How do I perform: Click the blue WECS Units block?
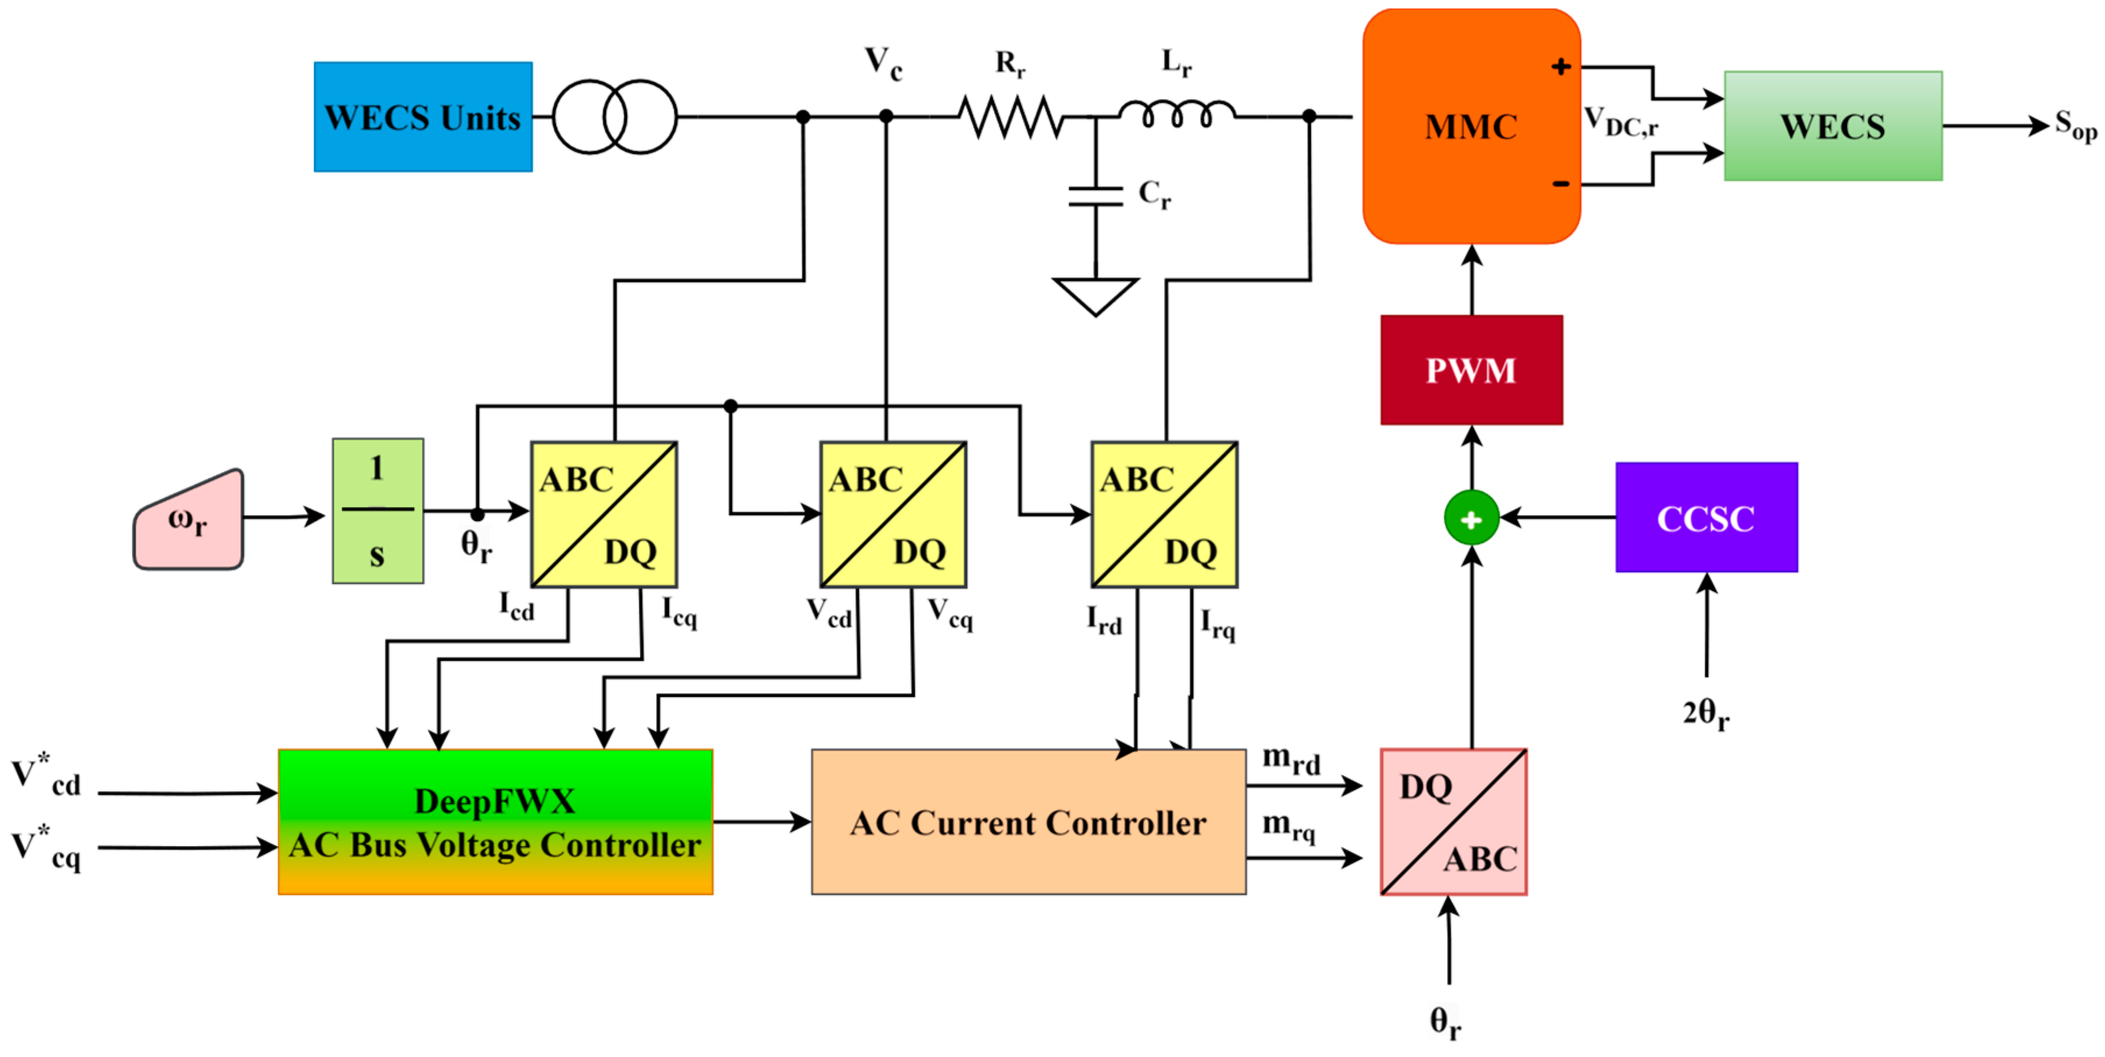coord(423,117)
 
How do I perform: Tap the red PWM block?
coord(1471,369)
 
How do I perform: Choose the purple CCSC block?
coord(1706,518)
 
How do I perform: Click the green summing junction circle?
coord(1471,518)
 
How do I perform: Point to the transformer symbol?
coord(614,117)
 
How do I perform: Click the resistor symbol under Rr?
coord(1011,117)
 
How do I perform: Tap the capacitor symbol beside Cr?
coord(1096,196)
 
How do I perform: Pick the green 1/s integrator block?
coord(377,511)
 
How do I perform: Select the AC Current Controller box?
coord(1029,822)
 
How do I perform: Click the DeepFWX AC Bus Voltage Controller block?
coord(495,822)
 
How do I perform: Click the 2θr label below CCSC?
coord(1706,713)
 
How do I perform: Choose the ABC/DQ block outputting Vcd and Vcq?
coord(893,514)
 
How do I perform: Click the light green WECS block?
coord(1834,126)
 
